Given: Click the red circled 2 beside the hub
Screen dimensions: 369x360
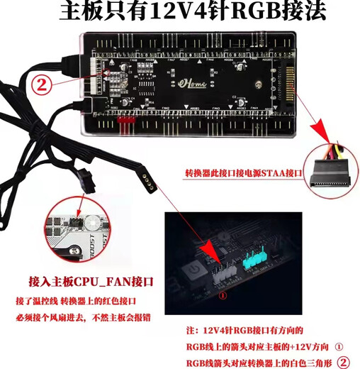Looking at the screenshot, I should [43, 85].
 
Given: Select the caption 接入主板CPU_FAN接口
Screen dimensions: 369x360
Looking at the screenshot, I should [89, 281].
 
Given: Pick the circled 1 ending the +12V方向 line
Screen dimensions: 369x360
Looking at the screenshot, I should [338, 348].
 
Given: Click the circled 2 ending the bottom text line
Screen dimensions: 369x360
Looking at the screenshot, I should [344, 362].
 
